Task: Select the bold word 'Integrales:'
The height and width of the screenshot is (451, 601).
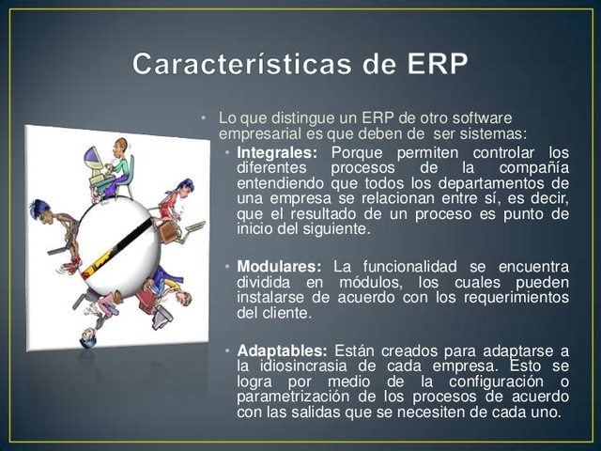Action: [x=277, y=152]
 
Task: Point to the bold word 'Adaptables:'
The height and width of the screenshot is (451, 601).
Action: [x=281, y=350]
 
